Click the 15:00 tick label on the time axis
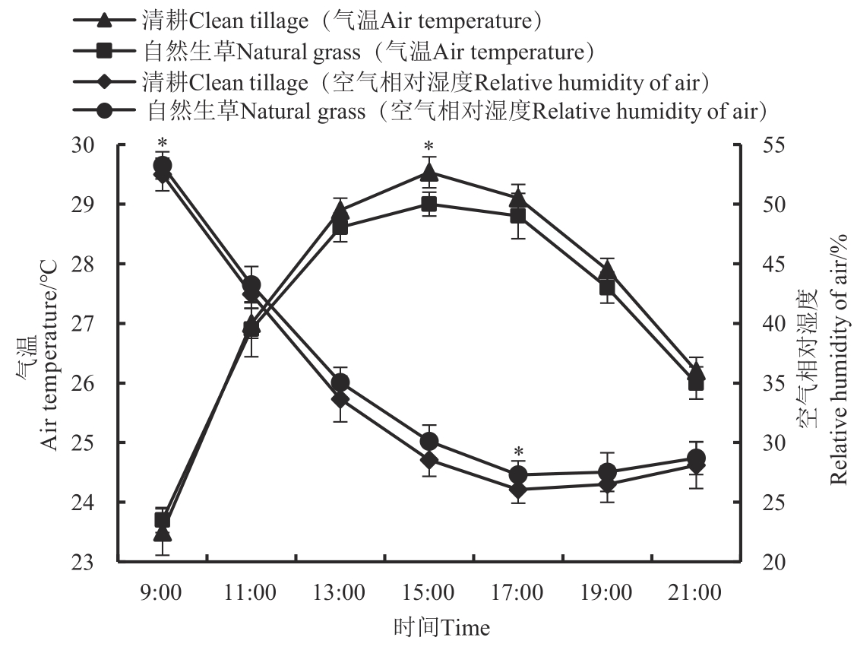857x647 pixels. click(428, 591)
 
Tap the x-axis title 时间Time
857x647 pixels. click(442, 628)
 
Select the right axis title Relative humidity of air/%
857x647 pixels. click(837, 360)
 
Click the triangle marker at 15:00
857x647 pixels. click(428, 173)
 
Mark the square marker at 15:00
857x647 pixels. click(428, 205)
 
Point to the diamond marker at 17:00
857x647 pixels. click(517, 489)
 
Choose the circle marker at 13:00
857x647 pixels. click(340, 382)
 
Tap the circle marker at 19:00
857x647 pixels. click(607, 472)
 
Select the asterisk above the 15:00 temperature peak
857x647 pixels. click(428, 147)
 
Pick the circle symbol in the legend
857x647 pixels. click(106, 111)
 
